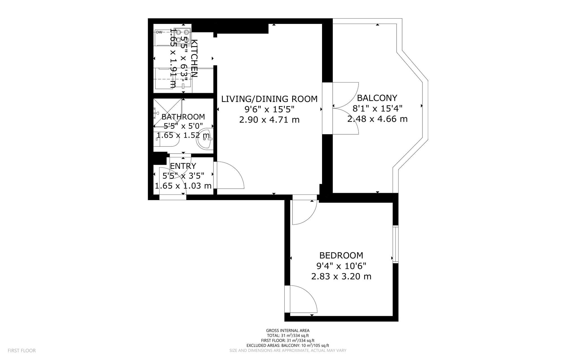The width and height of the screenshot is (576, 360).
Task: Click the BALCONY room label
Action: point(377,98)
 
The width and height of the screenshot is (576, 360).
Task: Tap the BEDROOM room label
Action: point(341,255)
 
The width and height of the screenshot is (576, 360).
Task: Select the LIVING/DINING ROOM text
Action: point(269,99)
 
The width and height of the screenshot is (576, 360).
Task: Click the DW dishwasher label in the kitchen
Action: point(159,32)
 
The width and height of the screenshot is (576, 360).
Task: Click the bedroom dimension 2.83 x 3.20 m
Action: point(341,276)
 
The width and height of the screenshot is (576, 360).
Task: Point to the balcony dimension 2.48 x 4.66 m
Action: point(377,119)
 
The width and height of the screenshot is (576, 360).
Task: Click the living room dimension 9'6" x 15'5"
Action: point(269,109)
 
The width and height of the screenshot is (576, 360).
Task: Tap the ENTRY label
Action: point(183,166)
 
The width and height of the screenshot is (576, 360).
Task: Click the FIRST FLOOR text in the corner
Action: point(22,350)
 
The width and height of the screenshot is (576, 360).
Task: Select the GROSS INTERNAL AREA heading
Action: point(288,330)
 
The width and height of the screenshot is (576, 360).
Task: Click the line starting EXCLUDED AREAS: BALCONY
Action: point(288,345)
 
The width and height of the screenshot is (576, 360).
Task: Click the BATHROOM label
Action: point(183,117)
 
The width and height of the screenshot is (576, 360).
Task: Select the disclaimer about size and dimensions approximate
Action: point(288,350)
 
